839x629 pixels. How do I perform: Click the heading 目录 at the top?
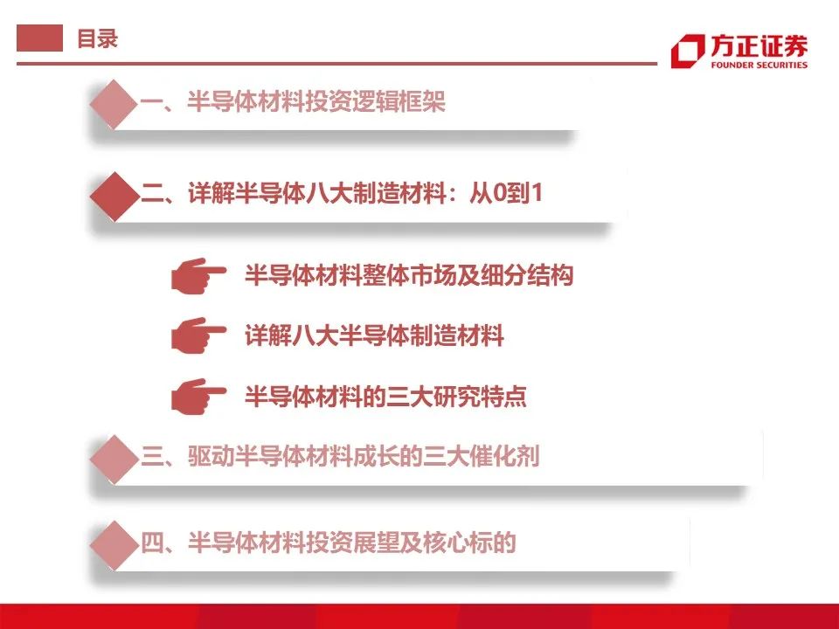click(97, 38)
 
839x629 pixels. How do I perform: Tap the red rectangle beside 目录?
click(39, 38)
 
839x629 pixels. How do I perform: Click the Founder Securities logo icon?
click(688, 52)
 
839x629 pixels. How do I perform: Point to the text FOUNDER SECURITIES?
click(759, 65)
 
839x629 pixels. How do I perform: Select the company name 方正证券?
click(759, 46)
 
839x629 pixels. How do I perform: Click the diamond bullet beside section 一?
click(114, 104)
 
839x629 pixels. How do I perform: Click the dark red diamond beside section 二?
click(114, 197)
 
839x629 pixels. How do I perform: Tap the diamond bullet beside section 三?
click(114, 460)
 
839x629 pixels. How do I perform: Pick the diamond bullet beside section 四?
click(114, 545)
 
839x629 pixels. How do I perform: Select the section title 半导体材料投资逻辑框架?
click(316, 101)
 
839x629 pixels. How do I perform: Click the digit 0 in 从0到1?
click(499, 193)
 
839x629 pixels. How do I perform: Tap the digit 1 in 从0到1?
click(537, 193)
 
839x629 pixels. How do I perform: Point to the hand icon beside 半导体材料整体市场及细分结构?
click(198, 276)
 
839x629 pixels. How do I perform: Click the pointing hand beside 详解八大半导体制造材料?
click(198, 335)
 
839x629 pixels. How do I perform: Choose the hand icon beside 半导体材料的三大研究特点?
click(198, 397)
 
